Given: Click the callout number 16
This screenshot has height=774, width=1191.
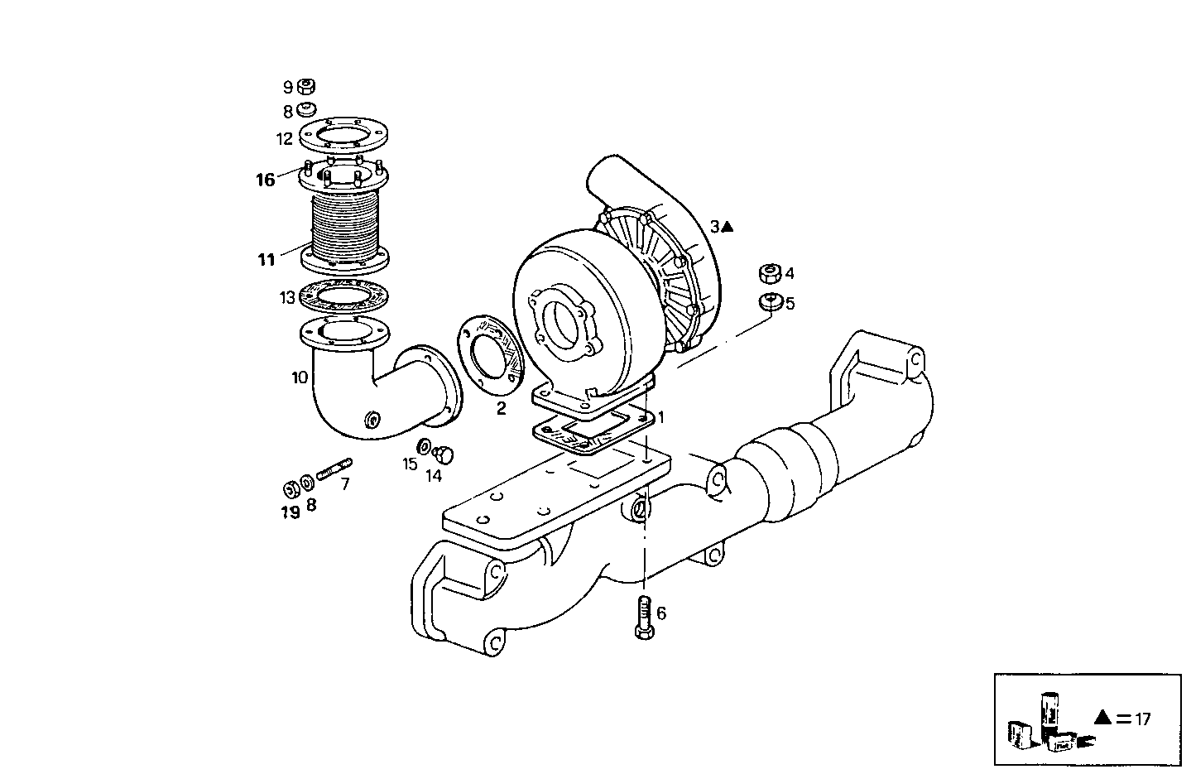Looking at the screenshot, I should click(x=265, y=180).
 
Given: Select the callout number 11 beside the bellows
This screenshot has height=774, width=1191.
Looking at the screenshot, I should click(x=266, y=260).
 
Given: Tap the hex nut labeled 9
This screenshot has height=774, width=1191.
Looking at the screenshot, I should click(x=305, y=86).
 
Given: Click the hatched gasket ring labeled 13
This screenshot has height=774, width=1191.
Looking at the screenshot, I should click(x=346, y=296).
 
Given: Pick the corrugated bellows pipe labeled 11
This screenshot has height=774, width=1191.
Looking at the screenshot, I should click(x=346, y=224).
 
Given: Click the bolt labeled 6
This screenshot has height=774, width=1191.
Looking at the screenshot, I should click(x=645, y=617).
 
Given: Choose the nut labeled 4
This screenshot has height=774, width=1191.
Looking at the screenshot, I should click(x=769, y=273).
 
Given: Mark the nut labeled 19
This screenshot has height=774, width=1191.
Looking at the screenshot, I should click(x=291, y=487).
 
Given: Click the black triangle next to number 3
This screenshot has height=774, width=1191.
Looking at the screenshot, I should click(x=727, y=227).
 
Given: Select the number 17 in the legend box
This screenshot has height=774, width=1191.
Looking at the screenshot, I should click(x=1142, y=719).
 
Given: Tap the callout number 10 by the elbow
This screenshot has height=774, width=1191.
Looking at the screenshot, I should click(x=299, y=377).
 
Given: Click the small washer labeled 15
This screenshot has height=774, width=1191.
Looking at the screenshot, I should click(x=425, y=447).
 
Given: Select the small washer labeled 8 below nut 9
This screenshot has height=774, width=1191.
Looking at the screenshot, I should click(x=306, y=110).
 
